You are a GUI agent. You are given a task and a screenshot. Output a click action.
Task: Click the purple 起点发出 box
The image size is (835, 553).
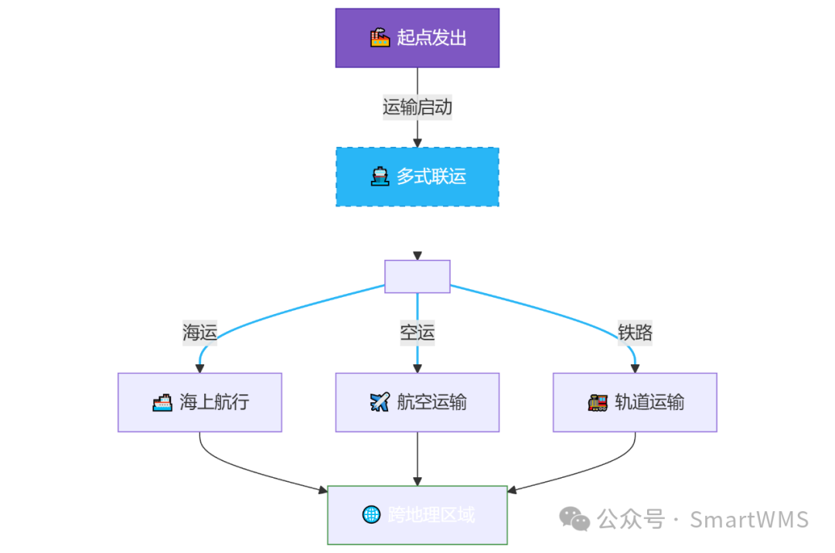tap(417, 38)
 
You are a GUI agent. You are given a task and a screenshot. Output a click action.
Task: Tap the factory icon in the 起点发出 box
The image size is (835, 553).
tap(380, 38)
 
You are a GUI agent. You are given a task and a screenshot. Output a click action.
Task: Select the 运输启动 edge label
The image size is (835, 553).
tap(417, 107)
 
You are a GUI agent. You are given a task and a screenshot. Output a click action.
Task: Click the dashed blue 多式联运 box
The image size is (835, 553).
tap(417, 176)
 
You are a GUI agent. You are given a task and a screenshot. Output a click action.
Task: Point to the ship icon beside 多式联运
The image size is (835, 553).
tap(380, 176)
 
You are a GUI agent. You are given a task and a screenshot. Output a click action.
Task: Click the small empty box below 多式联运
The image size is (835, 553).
tap(417, 276)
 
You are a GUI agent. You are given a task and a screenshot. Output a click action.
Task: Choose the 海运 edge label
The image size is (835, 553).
tap(199, 333)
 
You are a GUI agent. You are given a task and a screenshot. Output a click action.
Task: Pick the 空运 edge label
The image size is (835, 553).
tap(417, 333)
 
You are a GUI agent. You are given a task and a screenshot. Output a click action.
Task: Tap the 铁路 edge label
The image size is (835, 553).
tap(635, 333)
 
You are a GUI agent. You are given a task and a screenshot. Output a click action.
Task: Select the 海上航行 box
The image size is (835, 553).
tap(199, 402)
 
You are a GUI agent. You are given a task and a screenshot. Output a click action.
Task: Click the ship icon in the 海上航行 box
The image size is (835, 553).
tap(162, 402)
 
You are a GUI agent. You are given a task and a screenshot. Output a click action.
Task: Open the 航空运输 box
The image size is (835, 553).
tap(417, 402)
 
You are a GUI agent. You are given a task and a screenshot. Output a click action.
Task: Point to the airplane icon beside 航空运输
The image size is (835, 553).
tap(380, 402)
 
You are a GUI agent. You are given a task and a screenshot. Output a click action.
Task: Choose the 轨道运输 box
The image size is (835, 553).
tap(635, 402)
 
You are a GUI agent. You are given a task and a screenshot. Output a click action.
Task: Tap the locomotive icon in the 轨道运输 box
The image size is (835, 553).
tap(598, 402)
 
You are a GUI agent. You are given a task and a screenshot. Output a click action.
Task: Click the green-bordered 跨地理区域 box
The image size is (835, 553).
tap(417, 515)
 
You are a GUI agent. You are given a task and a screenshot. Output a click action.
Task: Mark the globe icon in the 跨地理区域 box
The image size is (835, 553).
tap(371, 514)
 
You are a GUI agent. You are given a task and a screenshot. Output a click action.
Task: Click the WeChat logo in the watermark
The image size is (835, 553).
tap(574, 518)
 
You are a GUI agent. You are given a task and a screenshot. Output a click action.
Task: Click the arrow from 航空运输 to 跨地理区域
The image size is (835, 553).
tap(417, 459)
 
